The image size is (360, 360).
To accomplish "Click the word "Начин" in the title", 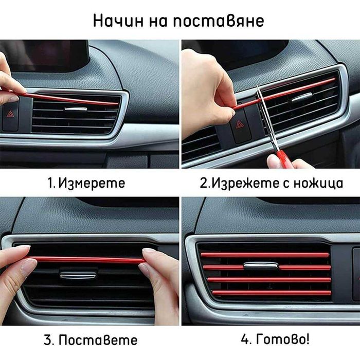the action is pyautogui.click(x=118, y=21).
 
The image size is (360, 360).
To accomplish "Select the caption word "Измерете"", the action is pyautogui.click(x=92, y=183).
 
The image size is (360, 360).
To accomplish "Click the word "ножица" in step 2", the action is pyautogui.click(x=318, y=183).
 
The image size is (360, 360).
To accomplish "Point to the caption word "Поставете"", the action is pyautogui.click(x=98, y=340).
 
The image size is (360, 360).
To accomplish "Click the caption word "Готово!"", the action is pyautogui.click(x=283, y=339).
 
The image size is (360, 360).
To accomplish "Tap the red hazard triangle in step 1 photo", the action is pyautogui.click(x=10, y=114).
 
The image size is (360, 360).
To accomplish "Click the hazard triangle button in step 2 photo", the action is pyautogui.click(x=240, y=125).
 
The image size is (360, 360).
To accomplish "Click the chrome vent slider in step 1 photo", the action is pyautogui.click(x=76, y=109).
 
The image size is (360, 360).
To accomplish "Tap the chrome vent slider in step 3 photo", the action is pyautogui.click(x=78, y=275).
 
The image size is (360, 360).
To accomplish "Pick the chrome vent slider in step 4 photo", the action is pyautogui.click(x=261, y=266).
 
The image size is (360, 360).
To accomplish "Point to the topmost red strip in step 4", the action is pyautogui.click(x=265, y=255).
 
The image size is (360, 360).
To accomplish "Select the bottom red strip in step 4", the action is pyautogui.click(x=272, y=293).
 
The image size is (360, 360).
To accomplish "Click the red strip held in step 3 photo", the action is pyautogui.click(x=88, y=260).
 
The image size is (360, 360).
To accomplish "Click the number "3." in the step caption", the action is pyautogui.click(x=49, y=340).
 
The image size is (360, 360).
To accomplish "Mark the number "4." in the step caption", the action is pyautogui.click(x=247, y=339).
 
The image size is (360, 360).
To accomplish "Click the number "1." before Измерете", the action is pyautogui.click(x=51, y=183).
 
